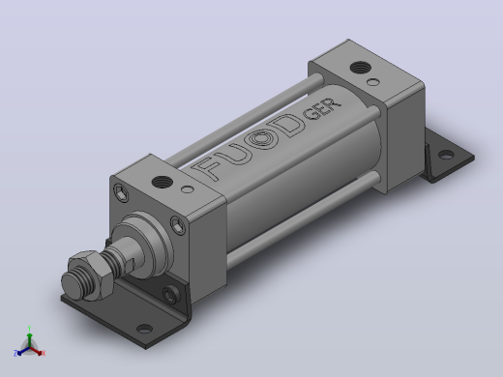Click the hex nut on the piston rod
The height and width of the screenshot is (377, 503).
pyautogui.click(x=92, y=274)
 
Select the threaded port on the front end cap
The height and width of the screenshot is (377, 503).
pyautogui.click(x=162, y=183)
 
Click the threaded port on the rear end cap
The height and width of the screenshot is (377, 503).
pyautogui.click(x=361, y=68)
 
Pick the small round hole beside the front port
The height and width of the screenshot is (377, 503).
pyautogui.click(x=188, y=189)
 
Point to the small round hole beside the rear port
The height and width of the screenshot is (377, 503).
pyautogui.click(x=372, y=82)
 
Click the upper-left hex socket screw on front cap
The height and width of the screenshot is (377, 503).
pyautogui.click(x=121, y=192)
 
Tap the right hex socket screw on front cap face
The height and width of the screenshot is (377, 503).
pyautogui.click(x=178, y=225)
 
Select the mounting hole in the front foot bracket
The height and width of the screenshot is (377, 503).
pyautogui.click(x=144, y=329)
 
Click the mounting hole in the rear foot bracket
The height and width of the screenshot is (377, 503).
pyautogui.click(x=446, y=155)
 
